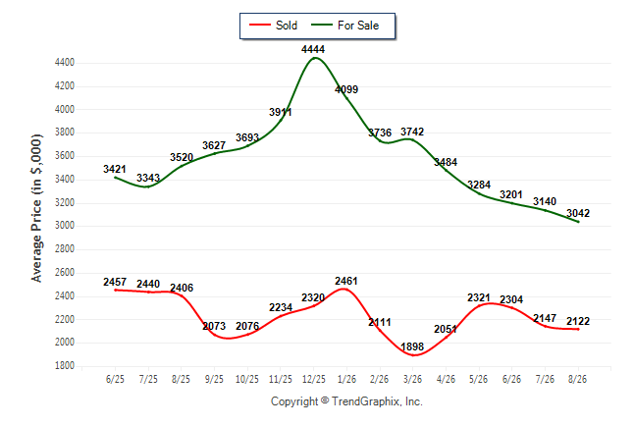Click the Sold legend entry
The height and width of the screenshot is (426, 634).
click(x=274, y=26)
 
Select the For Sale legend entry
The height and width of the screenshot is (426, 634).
click(x=344, y=26)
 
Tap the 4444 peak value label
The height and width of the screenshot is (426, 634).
click(x=313, y=49)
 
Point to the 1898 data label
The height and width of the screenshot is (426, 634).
click(x=412, y=346)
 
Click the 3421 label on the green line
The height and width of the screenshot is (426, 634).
click(x=115, y=169)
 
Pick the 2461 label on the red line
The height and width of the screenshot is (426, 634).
click(x=346, y=281)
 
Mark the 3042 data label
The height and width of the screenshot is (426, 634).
click(x=578, y=213)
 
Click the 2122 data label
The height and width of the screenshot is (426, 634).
click(x=578, y=321)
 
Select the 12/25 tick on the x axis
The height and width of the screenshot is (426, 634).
click(x=314, y=379)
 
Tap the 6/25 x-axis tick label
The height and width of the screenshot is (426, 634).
click(x=115, y=379)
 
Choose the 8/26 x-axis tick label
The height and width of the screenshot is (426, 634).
click(x=577, y=379)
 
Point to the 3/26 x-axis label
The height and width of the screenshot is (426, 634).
click(x=412, y=379)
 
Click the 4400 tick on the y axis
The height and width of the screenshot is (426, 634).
click(x=65, y=63)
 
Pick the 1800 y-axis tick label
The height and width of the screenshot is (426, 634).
click(x=65, y=366)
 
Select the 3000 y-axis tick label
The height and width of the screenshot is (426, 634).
click(x=65, y=226)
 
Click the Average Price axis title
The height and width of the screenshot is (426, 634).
click(x=36, y=208)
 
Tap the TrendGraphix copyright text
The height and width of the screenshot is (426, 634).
click(x=346, y=401)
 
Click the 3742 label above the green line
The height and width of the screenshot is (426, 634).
click(x=412, y=132)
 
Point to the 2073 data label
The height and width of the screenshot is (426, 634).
click(x=214, y=326)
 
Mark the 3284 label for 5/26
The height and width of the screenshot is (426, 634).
click(x=479, y=185)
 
